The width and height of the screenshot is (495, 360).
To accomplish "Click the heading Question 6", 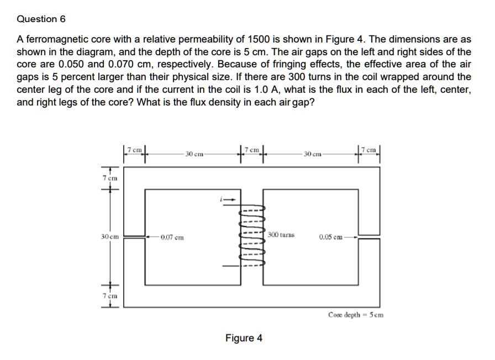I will pyautogui.click(x=41, y=19).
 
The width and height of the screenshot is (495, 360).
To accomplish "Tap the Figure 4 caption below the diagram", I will pyautogui.click(x=244, y=338).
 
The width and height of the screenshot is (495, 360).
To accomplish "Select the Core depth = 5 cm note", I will pyautogui.click(x=355, y=315).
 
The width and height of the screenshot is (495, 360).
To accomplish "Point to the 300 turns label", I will pyautogui.click(x=281, y=235).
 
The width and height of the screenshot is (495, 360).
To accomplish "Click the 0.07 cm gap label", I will pyautogui.click(x=172, y=237).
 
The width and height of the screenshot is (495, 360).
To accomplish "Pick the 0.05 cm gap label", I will pyautogui.click(x=330, y=237).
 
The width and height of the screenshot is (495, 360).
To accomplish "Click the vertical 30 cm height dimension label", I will pyautogui.click(x=108, y=237).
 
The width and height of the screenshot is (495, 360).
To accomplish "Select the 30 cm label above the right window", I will pyautogui.click(x=310, y=153).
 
